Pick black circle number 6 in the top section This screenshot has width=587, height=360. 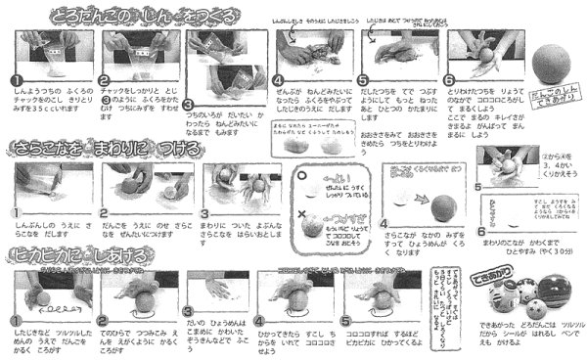448,81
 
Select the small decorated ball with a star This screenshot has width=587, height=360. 509,295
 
